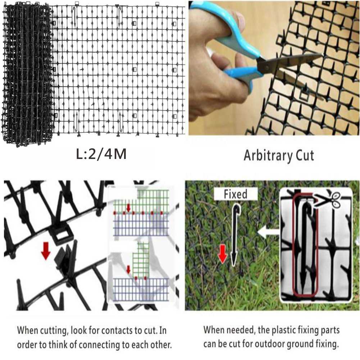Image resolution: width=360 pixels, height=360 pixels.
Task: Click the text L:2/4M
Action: (101, 154)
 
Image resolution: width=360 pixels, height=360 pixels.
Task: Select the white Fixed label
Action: (236, 194)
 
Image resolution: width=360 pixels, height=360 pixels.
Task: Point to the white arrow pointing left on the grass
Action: (269, 232)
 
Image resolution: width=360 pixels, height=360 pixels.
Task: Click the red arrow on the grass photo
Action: (222, 254)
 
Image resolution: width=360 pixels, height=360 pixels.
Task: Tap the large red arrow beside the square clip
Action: (46, 251)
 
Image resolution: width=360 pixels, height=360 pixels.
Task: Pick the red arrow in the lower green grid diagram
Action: (129, 269)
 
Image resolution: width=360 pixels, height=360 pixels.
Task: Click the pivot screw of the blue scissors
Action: (266, 67)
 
